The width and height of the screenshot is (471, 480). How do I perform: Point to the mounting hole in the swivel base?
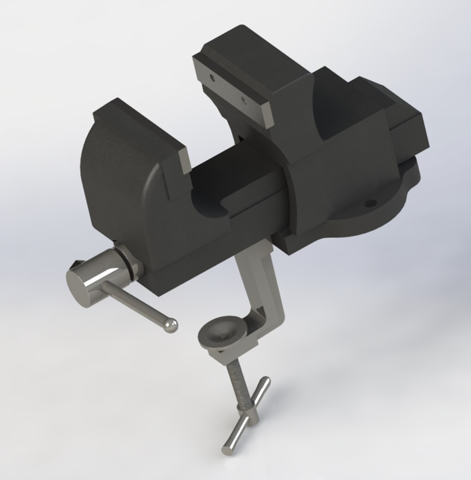pos(368,204)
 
